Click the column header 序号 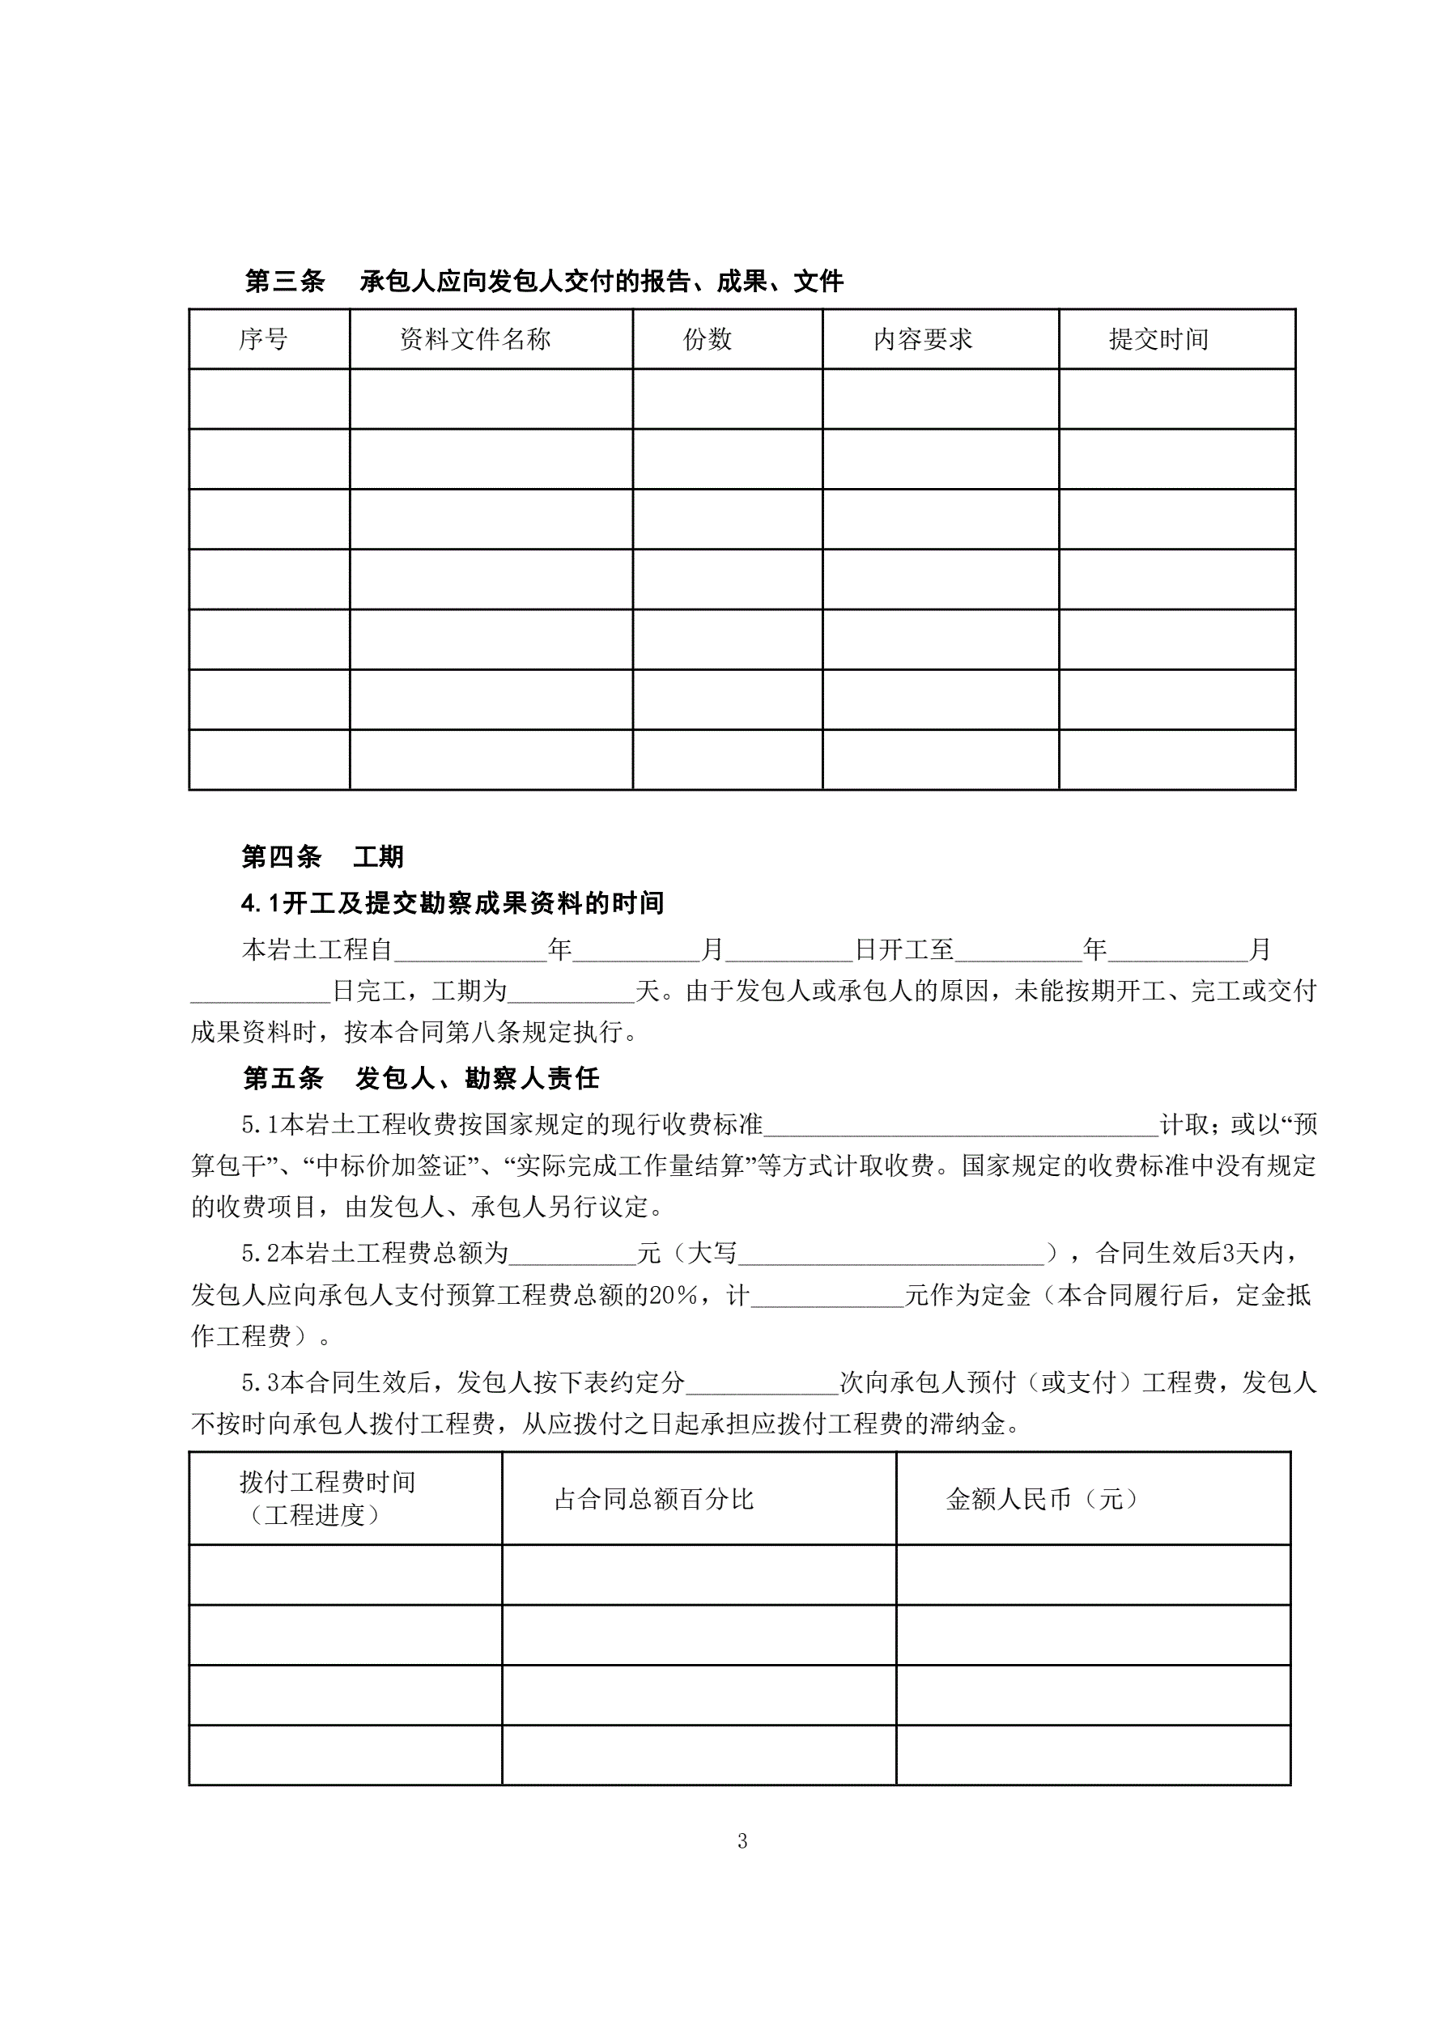pos(263,339)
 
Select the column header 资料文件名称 pos(475,339)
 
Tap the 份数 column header pos(708,339)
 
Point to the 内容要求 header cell pos(923,339)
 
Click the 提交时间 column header pos(1158,339)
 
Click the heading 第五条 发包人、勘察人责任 pos(421,1078)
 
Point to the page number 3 pos(742,1841)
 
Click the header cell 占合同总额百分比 pos(654,1499)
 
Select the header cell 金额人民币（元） pos(1043,1499)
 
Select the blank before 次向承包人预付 pos(763,1383)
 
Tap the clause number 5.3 pos(260,1383)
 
